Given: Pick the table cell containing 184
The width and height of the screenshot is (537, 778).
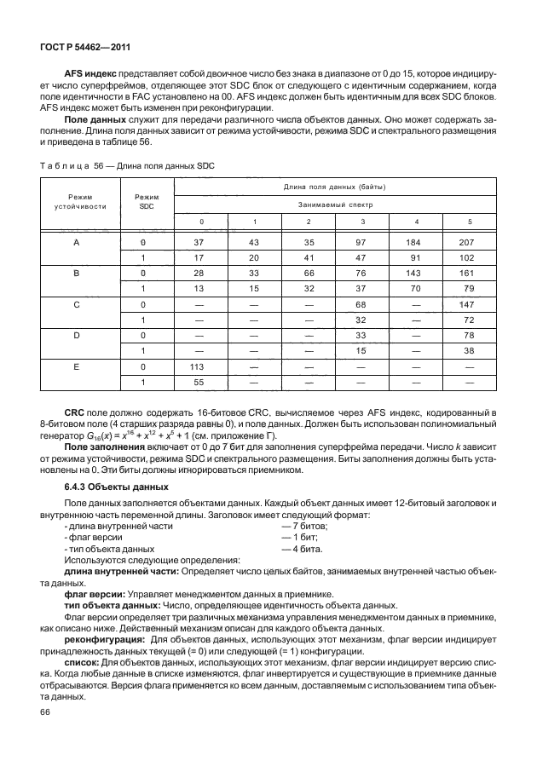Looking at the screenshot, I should (x=417, y=242).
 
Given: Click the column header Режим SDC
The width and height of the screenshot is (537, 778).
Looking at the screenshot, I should (x=147, y=201).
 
